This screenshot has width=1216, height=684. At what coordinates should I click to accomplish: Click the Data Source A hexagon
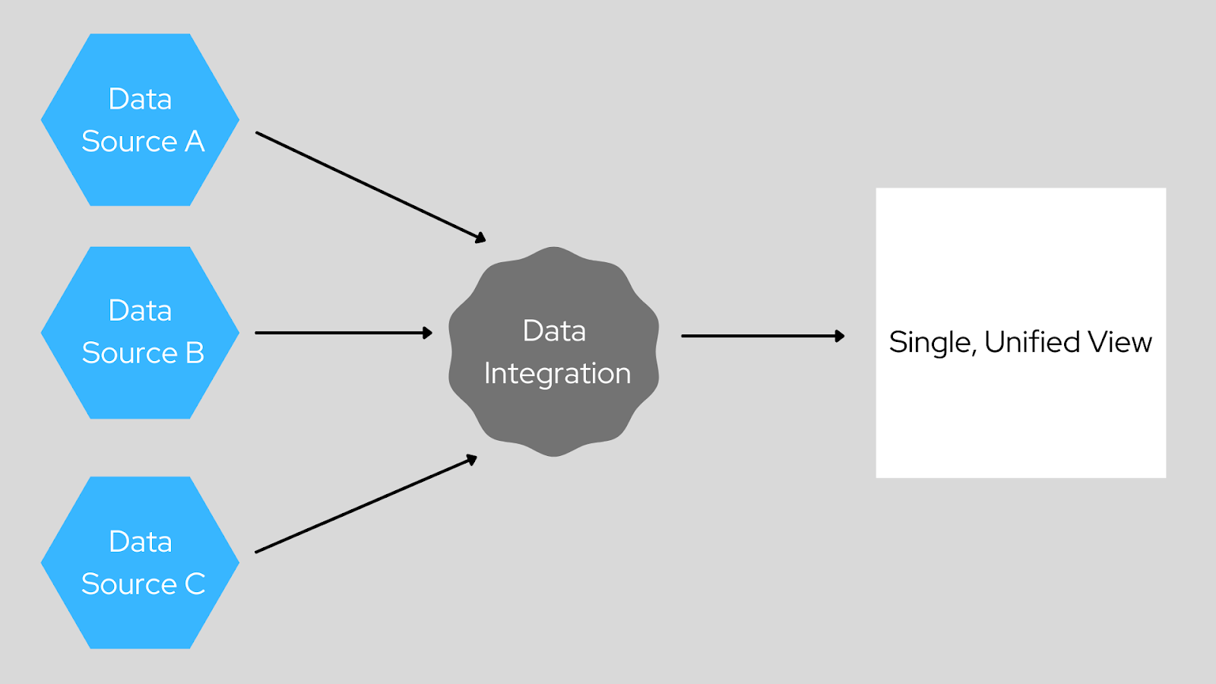(x=140, y=119)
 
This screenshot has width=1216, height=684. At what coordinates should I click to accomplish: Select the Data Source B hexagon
(x=140, y=332)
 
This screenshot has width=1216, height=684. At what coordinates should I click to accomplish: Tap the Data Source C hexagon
(x=140, y=562)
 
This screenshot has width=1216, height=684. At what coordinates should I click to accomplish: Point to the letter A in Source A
(x=195, y=141)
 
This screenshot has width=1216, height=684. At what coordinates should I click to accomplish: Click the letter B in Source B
(x=195, y=353)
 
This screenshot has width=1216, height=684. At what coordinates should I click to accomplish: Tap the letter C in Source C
(x=195, y=584)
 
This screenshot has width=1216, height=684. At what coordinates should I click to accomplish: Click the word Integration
(x=557, y=373)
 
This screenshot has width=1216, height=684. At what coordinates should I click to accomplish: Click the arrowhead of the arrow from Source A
(x=480, y=239)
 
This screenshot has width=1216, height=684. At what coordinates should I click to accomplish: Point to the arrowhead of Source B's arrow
(x=428, y=333)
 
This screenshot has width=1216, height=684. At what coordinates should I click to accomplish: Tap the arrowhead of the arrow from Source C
(x=472, y=459)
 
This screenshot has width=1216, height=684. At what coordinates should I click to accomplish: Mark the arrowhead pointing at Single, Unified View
(x=840, y=336)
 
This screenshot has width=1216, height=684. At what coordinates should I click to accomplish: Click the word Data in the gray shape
(x=554, y=331)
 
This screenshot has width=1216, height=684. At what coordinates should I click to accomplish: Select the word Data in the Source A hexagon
(x=140, y=99)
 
